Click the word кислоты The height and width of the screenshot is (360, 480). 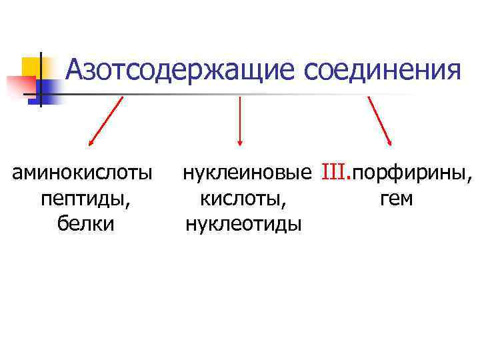pos(244,199)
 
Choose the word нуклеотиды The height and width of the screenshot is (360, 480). pos(243,223)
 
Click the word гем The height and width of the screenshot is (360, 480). pos(396,199)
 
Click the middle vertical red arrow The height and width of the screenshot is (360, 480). pos(240,120)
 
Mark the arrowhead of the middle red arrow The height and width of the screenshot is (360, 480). pos(240,141)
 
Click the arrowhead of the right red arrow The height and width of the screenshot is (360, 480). pos(391,141)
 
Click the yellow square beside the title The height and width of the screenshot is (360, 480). pos(32,67)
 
